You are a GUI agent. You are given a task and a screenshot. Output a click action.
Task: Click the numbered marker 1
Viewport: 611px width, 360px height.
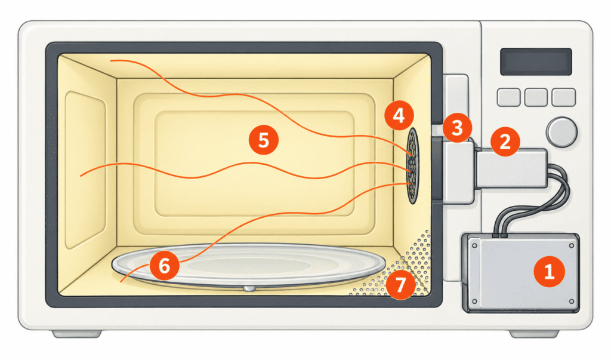549,271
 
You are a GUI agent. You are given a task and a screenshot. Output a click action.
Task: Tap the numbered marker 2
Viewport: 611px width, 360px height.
505,141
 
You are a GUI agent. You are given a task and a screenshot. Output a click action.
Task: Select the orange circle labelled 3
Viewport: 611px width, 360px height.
456,128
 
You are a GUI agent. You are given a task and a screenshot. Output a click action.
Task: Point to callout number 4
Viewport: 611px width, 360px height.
399,115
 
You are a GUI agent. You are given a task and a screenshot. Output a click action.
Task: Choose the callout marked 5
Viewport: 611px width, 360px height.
263,140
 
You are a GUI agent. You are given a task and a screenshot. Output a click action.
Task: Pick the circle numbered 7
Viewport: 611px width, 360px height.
400,285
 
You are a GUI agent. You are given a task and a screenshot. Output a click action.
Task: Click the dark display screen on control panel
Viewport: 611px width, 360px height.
536,61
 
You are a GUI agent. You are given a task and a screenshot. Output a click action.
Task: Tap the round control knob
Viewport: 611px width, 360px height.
561,132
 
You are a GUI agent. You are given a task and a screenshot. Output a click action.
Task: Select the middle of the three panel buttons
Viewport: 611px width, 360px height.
536,97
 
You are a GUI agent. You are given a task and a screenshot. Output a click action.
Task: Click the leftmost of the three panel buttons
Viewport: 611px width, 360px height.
508,97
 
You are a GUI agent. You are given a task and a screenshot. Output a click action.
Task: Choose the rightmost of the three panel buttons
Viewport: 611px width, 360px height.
563,97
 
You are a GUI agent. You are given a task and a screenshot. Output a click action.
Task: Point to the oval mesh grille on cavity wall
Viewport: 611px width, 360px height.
412,166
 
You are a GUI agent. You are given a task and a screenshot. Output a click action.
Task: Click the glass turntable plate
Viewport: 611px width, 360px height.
249,265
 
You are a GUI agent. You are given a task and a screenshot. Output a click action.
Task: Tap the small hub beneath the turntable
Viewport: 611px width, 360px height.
249,288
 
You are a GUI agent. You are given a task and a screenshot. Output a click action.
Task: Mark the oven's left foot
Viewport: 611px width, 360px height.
77,334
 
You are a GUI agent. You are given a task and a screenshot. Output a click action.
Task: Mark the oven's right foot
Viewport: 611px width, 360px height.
534,334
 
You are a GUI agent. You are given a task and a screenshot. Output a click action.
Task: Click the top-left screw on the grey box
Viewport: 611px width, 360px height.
474,246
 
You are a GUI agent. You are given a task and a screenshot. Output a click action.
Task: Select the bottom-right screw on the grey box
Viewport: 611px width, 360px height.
571,301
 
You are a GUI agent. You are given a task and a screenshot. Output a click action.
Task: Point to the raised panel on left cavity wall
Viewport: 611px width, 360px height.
85,170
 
